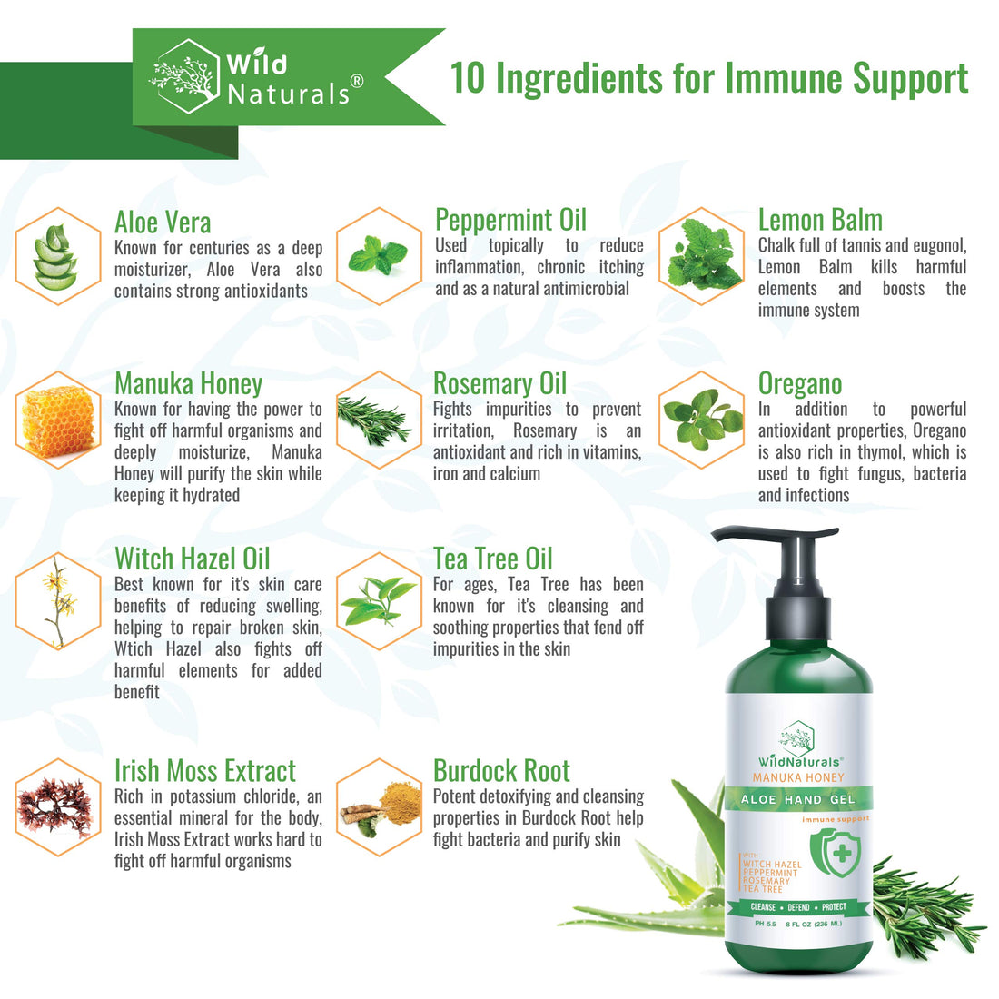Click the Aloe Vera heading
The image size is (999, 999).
163,223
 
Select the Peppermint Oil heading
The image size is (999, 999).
510,220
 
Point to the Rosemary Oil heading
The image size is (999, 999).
499,383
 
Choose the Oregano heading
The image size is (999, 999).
800,384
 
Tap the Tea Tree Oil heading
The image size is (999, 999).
492,559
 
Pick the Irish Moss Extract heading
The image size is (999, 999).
205,771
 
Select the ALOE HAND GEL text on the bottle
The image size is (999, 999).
798,800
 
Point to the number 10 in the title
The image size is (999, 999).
469,79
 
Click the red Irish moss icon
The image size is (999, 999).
56,806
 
